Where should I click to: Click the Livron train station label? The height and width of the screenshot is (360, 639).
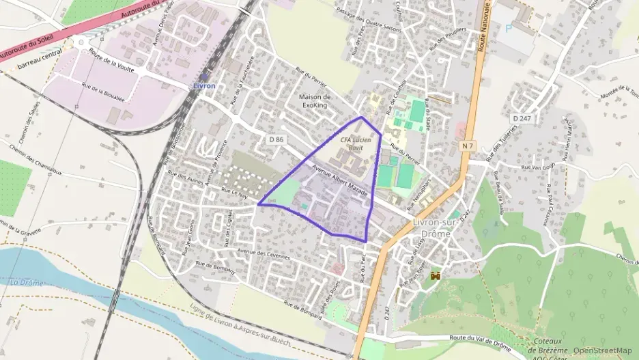click(203, 86)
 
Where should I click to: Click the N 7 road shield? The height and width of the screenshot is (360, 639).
click(468, 146)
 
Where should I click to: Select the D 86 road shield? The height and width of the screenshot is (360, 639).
click(276, 139)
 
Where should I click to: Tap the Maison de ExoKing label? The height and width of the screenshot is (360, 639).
click(315, 101)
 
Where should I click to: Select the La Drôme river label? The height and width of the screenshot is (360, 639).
click(27, 283)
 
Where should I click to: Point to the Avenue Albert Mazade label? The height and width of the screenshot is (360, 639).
click(340, 184)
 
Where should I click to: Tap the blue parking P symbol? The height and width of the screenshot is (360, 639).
click(507, 28)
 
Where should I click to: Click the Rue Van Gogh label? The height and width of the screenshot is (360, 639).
click(537, 167)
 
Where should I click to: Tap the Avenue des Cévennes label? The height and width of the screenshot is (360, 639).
click(264, 255)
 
